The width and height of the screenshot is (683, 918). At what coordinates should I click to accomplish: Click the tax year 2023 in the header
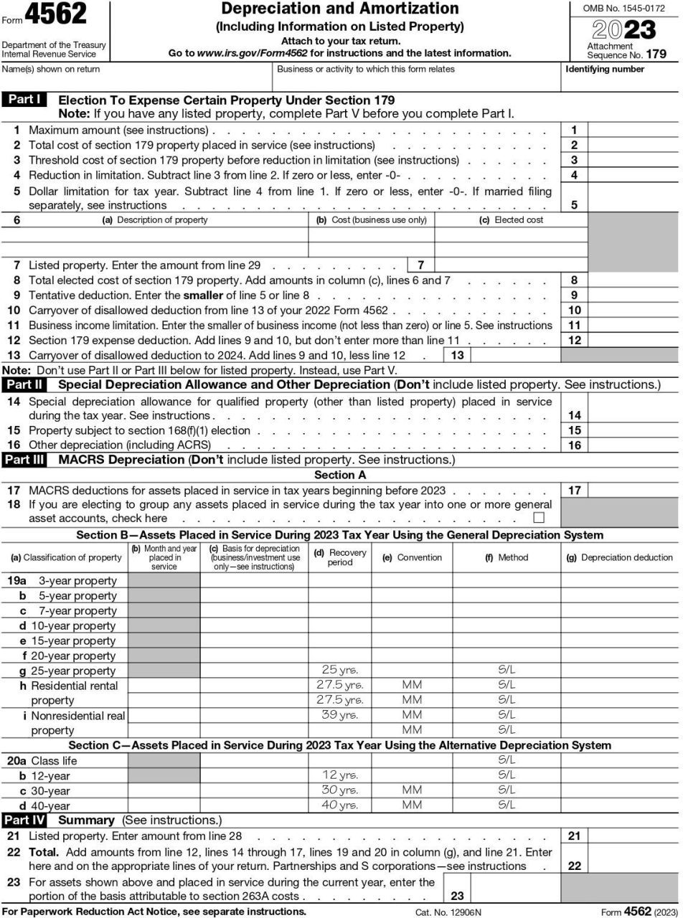[x=623, y=30]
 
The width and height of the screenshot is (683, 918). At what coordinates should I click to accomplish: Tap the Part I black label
[x=24, y=100]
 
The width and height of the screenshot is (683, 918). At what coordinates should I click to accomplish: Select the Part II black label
[x=24, y=384]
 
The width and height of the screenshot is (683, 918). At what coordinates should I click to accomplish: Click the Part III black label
[x=24, y=460]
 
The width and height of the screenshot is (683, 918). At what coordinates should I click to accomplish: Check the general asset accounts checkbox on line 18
[x=539, y=518]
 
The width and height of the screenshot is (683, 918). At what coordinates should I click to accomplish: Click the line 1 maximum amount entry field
[x=633, y=130]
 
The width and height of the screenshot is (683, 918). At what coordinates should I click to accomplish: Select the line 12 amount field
[x=633, y=341]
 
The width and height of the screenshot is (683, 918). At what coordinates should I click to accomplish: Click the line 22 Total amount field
[x=633, y=866]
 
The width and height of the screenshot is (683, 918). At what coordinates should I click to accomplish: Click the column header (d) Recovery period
[x=339, y=557]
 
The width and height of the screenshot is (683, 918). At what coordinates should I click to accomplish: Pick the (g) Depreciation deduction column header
[x=620, y=557]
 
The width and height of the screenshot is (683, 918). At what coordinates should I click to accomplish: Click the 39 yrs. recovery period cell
[x=339, y=715]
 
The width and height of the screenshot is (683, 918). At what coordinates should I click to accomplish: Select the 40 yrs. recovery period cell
[x=339, y=805]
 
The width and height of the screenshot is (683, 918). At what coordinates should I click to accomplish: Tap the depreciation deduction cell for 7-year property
[x=620, y=611]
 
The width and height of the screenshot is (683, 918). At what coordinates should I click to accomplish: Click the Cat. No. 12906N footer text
[x=448, y=912]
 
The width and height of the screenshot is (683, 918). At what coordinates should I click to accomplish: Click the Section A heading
[x=340, y=475]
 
